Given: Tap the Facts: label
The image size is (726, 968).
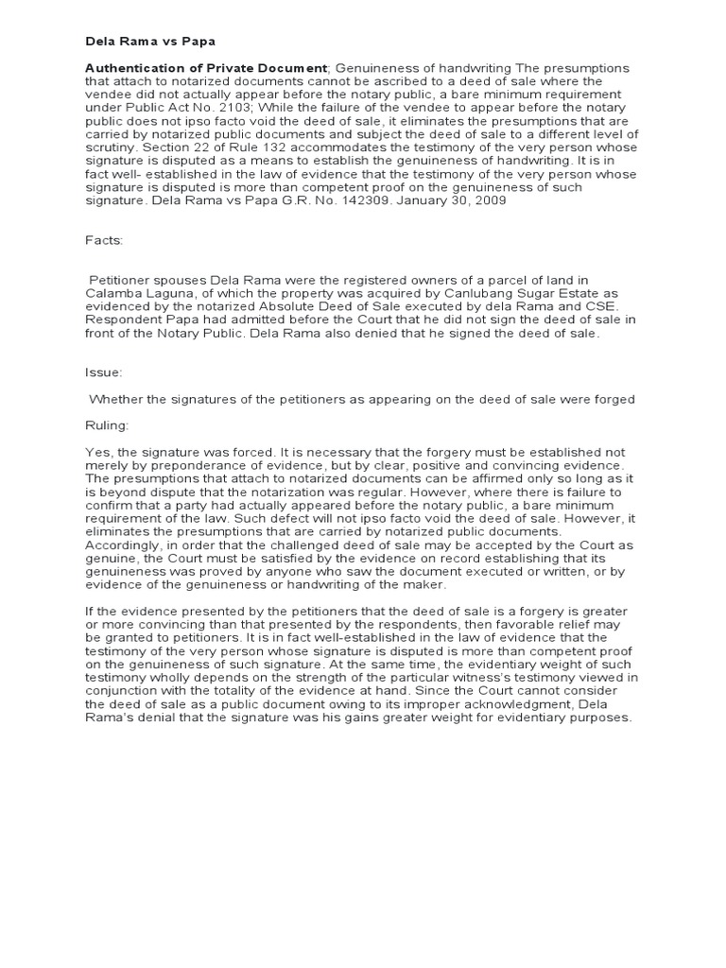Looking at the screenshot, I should [x=104, y=242].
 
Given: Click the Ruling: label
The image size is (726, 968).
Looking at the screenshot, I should [x=109, y=425].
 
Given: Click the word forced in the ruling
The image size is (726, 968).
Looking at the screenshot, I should [x=237, y=452].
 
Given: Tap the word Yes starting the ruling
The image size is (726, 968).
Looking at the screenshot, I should [x=97, y=452].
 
